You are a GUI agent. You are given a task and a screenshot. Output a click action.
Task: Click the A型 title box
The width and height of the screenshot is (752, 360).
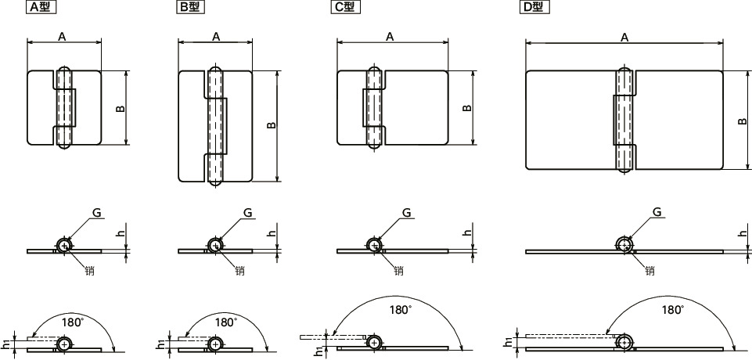click(40, 7)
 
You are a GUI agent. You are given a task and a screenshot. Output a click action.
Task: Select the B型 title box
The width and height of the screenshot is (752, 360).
click(190, 7)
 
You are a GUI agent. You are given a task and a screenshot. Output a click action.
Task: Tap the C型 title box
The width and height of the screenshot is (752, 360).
click(345, 7)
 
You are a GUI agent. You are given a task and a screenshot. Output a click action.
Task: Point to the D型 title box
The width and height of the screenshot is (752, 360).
click(534, 7)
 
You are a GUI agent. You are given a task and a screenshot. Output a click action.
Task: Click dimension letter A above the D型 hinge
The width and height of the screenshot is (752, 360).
click(624, 37)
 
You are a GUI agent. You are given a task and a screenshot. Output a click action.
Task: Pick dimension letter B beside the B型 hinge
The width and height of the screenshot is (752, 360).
click(271, 125)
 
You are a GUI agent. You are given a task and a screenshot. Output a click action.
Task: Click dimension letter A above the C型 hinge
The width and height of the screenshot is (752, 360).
click(390, 37)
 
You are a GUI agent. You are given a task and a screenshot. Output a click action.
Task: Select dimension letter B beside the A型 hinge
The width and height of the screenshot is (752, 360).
click(121, 108)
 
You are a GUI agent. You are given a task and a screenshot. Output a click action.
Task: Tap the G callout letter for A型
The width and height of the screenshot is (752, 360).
click(97, 213)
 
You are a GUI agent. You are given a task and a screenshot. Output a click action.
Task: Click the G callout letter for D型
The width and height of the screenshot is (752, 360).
click(657, 212)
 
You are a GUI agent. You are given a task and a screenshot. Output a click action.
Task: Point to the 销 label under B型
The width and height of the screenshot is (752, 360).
click(239, 270)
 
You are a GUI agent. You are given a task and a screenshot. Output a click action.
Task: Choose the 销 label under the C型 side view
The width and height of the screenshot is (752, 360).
click(398, 270)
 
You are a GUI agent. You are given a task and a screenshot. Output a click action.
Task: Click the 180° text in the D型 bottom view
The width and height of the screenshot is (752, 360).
click(673, 310)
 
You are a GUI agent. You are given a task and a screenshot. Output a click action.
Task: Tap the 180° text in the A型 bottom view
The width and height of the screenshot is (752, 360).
click(73, 322)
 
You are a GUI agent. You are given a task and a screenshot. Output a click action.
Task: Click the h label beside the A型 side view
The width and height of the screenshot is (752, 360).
click(121, 233)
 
